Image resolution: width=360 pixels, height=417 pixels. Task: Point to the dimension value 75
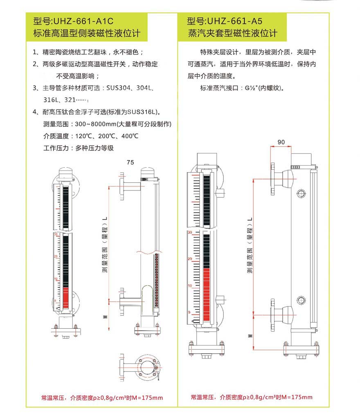(130, 162)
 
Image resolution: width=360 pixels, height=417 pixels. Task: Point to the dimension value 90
(281, 142)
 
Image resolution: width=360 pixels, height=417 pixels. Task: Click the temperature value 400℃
(129, 136)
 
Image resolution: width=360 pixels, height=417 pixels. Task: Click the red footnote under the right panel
(251, 397)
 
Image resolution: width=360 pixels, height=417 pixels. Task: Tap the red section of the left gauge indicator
(66, 298)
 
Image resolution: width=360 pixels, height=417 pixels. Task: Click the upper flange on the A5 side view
(272, 180)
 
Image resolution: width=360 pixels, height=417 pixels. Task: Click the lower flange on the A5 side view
(272, 315)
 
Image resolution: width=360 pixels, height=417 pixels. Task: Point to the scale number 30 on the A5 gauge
(189, 232)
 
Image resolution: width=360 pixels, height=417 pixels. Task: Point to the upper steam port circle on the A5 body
(301, 193)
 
